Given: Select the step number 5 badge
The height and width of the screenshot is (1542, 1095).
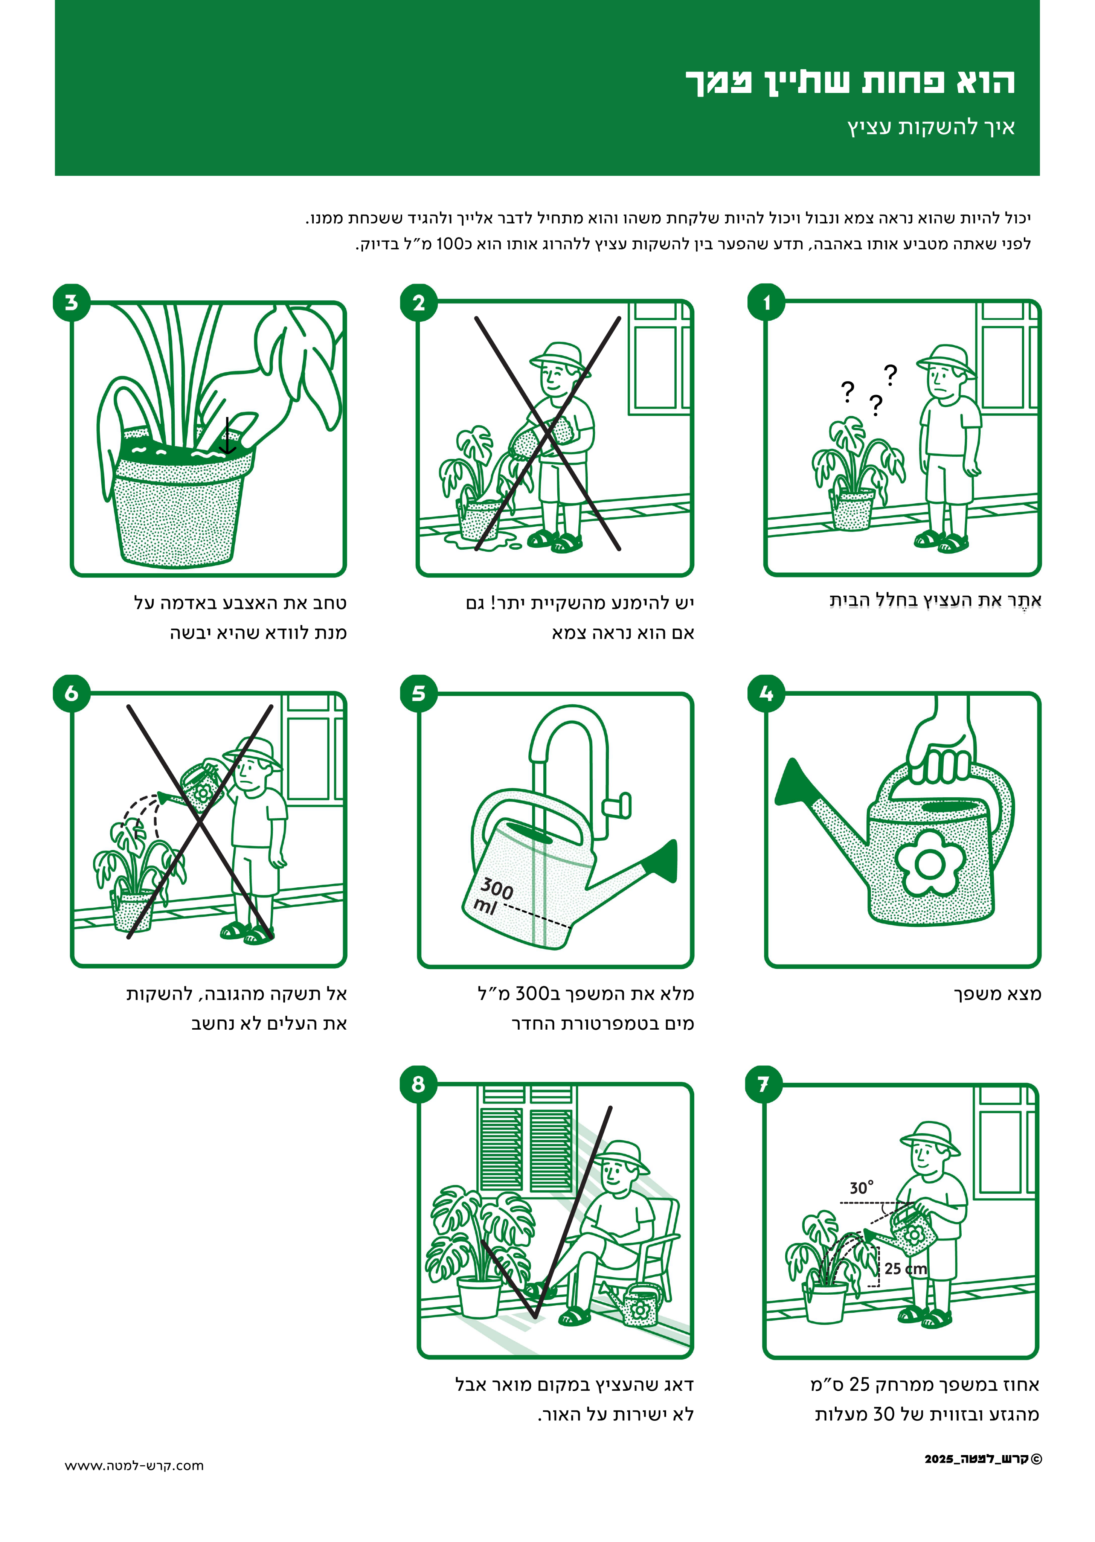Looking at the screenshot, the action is [419, 693].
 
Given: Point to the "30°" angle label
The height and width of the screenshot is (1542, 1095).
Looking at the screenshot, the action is [862, 1187].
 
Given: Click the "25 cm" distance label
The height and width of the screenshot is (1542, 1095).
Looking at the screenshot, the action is [906, 1268].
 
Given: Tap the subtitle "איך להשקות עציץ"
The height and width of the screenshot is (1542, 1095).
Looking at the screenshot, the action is [931, 127].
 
